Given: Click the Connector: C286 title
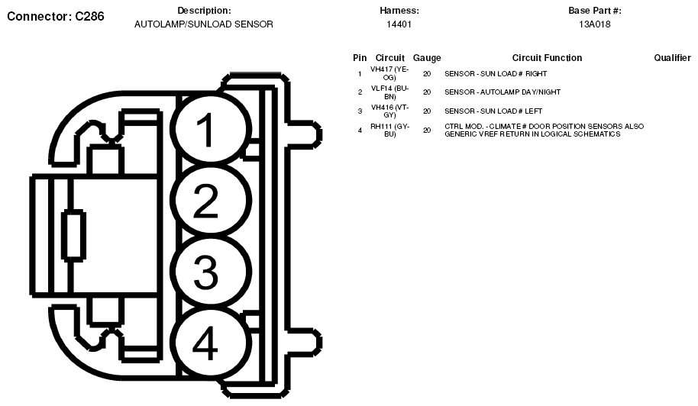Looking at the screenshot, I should (55, 16).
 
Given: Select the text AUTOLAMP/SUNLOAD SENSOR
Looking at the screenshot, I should (204, 24).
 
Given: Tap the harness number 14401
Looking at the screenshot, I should (399, 24).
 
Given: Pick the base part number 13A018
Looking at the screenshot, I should (594, 24).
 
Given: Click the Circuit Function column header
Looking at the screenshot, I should (547, 58).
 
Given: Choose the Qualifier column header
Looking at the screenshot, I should (672, 58).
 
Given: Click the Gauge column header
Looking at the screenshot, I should (427, 58).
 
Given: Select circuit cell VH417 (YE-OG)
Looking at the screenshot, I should (389, 73).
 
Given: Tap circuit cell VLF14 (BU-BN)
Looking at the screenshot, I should (389, 92).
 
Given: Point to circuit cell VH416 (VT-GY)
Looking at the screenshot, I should (389, 111).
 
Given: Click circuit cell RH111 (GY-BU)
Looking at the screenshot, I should (389, 130).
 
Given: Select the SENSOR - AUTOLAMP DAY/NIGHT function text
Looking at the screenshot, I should (502, 92).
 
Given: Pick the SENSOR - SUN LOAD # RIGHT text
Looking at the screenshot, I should (496, 74).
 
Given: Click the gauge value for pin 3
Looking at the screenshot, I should (427, 111).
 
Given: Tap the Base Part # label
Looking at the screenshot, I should (594, 11).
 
